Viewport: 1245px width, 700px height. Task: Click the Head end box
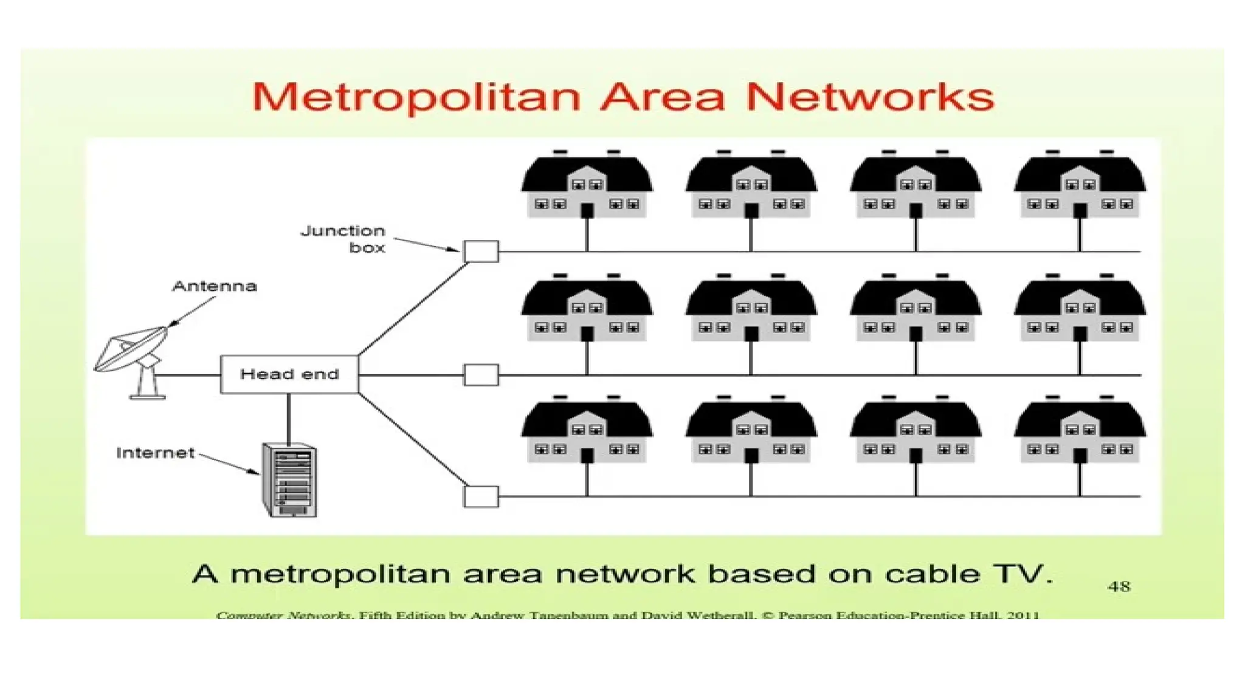289,374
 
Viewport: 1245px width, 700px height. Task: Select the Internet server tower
289,480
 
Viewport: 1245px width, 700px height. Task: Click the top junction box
481,251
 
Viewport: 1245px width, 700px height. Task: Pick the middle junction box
481,375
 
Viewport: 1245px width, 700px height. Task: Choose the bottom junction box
481,496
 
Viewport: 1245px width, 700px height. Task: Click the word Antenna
215,286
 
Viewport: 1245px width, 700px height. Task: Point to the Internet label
155,453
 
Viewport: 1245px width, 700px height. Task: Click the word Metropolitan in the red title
416,97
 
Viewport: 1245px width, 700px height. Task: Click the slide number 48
1119,586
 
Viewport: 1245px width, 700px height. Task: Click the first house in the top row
587,185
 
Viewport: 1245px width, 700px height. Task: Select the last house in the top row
1080,185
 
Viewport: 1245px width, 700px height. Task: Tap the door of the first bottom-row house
587,456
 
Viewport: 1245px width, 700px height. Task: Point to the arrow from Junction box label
426,244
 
